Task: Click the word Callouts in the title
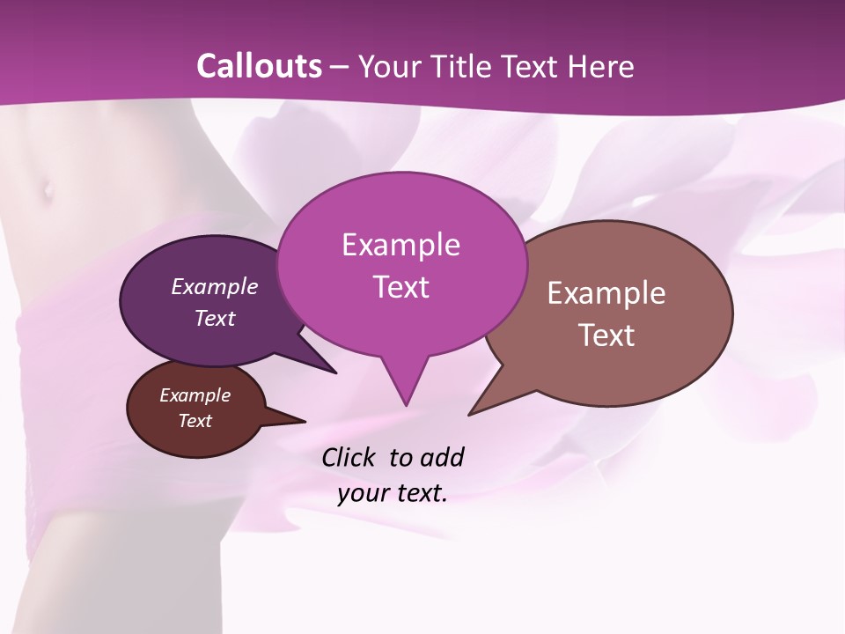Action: tap(259, 66)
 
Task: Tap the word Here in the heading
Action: tap(600, 66)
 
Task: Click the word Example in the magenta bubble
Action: tap(400, 245)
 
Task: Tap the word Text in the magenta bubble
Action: tap(400, 287)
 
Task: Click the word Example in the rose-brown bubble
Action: tap(606, 293)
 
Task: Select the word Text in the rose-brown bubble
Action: tap(606, 335)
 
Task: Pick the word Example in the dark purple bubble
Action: tap(214, 286)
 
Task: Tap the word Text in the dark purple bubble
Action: tap(214, 318)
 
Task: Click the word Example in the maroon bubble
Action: tap(195, 395)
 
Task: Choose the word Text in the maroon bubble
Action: tap(195, 421)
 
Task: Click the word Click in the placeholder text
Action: tap(349, 457)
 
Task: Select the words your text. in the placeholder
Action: tap(393, 493)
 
